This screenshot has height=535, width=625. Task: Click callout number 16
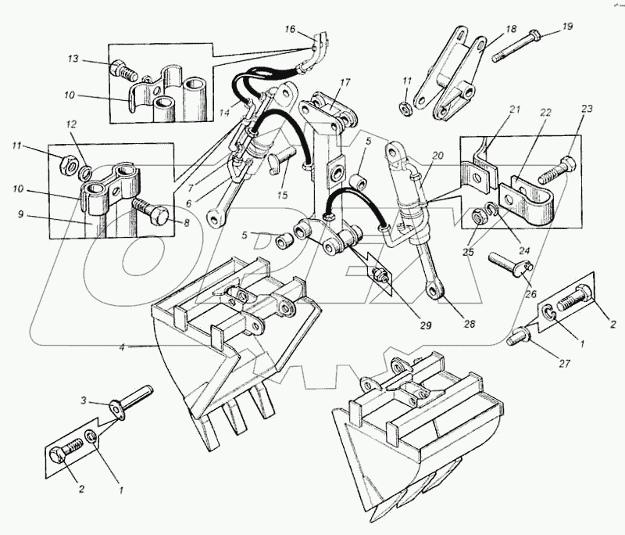click(x=290, y=30)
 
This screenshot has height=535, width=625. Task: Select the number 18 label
click(x=511, y=29)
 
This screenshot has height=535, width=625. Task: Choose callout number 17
click(x=345, y=82)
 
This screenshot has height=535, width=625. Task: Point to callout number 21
click(x=514, y=112)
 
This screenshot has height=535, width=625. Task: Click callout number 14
click(x=224, y=113)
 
